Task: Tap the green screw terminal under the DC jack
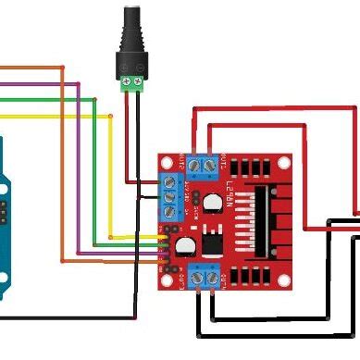131,83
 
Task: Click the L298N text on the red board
229,198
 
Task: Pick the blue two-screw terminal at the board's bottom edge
205,275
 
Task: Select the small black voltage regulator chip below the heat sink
212,240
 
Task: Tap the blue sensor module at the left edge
7,222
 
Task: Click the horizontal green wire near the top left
46,98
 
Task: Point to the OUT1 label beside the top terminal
224,165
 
